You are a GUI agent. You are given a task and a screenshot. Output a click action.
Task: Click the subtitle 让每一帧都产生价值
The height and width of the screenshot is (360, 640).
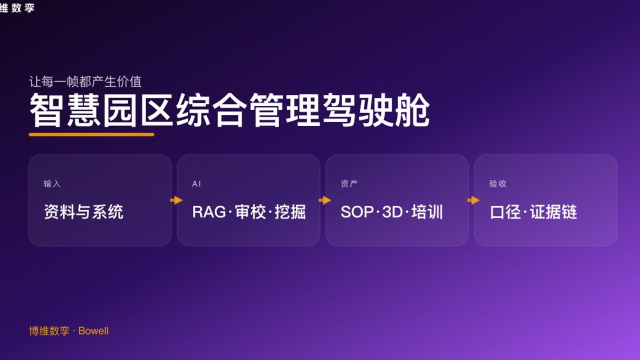pyautogui.click(x=85, y=81)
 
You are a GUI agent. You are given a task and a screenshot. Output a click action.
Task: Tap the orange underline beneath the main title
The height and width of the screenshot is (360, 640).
pyautogui.click(x=91, y=134)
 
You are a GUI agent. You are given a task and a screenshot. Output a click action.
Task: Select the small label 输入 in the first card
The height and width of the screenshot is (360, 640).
pyautogui.click(x=52, y=184)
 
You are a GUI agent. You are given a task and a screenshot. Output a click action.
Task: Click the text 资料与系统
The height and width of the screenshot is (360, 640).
pyautogui.click(x=83, y=212)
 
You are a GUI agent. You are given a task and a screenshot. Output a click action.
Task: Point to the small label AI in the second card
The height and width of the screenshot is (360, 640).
pyautogui.click(x=196, y=184)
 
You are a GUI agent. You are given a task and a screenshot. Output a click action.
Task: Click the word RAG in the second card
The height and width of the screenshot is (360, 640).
pyautogui.click(x=209, y=212)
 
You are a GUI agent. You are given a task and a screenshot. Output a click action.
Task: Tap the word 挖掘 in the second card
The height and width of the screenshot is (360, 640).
pyautogui.click(x=290, y=212)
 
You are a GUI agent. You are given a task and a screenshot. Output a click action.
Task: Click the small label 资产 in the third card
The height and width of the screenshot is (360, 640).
pyautogui.click(x=349, y=184)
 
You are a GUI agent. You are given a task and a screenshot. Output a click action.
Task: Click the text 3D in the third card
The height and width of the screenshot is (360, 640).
pyautogui.click(x=392, y=212)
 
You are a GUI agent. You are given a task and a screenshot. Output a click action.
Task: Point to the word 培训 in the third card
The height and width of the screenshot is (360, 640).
pyautogui.click(x=427, y=212)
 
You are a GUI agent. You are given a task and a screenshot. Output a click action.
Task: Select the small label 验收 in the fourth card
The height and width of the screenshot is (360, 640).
pyautogui.click(x=497, y=184)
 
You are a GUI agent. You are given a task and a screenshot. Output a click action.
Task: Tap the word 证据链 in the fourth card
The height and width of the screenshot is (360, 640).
pyautogui.click(x=553, y=212)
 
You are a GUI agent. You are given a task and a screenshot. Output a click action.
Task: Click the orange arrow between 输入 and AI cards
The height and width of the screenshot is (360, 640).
pyautogui.click(x=176, y=200)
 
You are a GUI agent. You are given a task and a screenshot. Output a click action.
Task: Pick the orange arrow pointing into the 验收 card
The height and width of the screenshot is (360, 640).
pyautogui.click(x=473, y=200)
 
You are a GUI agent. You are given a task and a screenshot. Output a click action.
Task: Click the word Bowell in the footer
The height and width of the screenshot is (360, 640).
pyautogui.click(x=93, y=331)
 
